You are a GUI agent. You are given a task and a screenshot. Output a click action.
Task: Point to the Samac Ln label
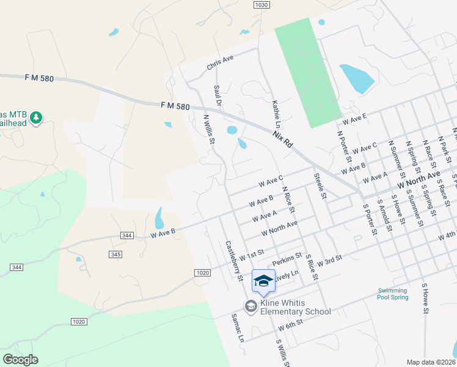pyautogui.click(x=237, y=328)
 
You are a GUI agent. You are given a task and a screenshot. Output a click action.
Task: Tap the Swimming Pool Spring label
pyautogui.click(x=392, y=294)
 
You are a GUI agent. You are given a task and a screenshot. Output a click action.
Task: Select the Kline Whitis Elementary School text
pyautogui.click(x=296, y=307)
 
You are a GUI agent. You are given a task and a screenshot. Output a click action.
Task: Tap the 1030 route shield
pyautogui.click(x=261, y=4)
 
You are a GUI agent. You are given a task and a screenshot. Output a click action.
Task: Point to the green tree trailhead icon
pyautogui.click(x=36, y=117)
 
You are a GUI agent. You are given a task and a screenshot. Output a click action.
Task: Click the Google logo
pyautogui.click(x=20, y=360)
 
